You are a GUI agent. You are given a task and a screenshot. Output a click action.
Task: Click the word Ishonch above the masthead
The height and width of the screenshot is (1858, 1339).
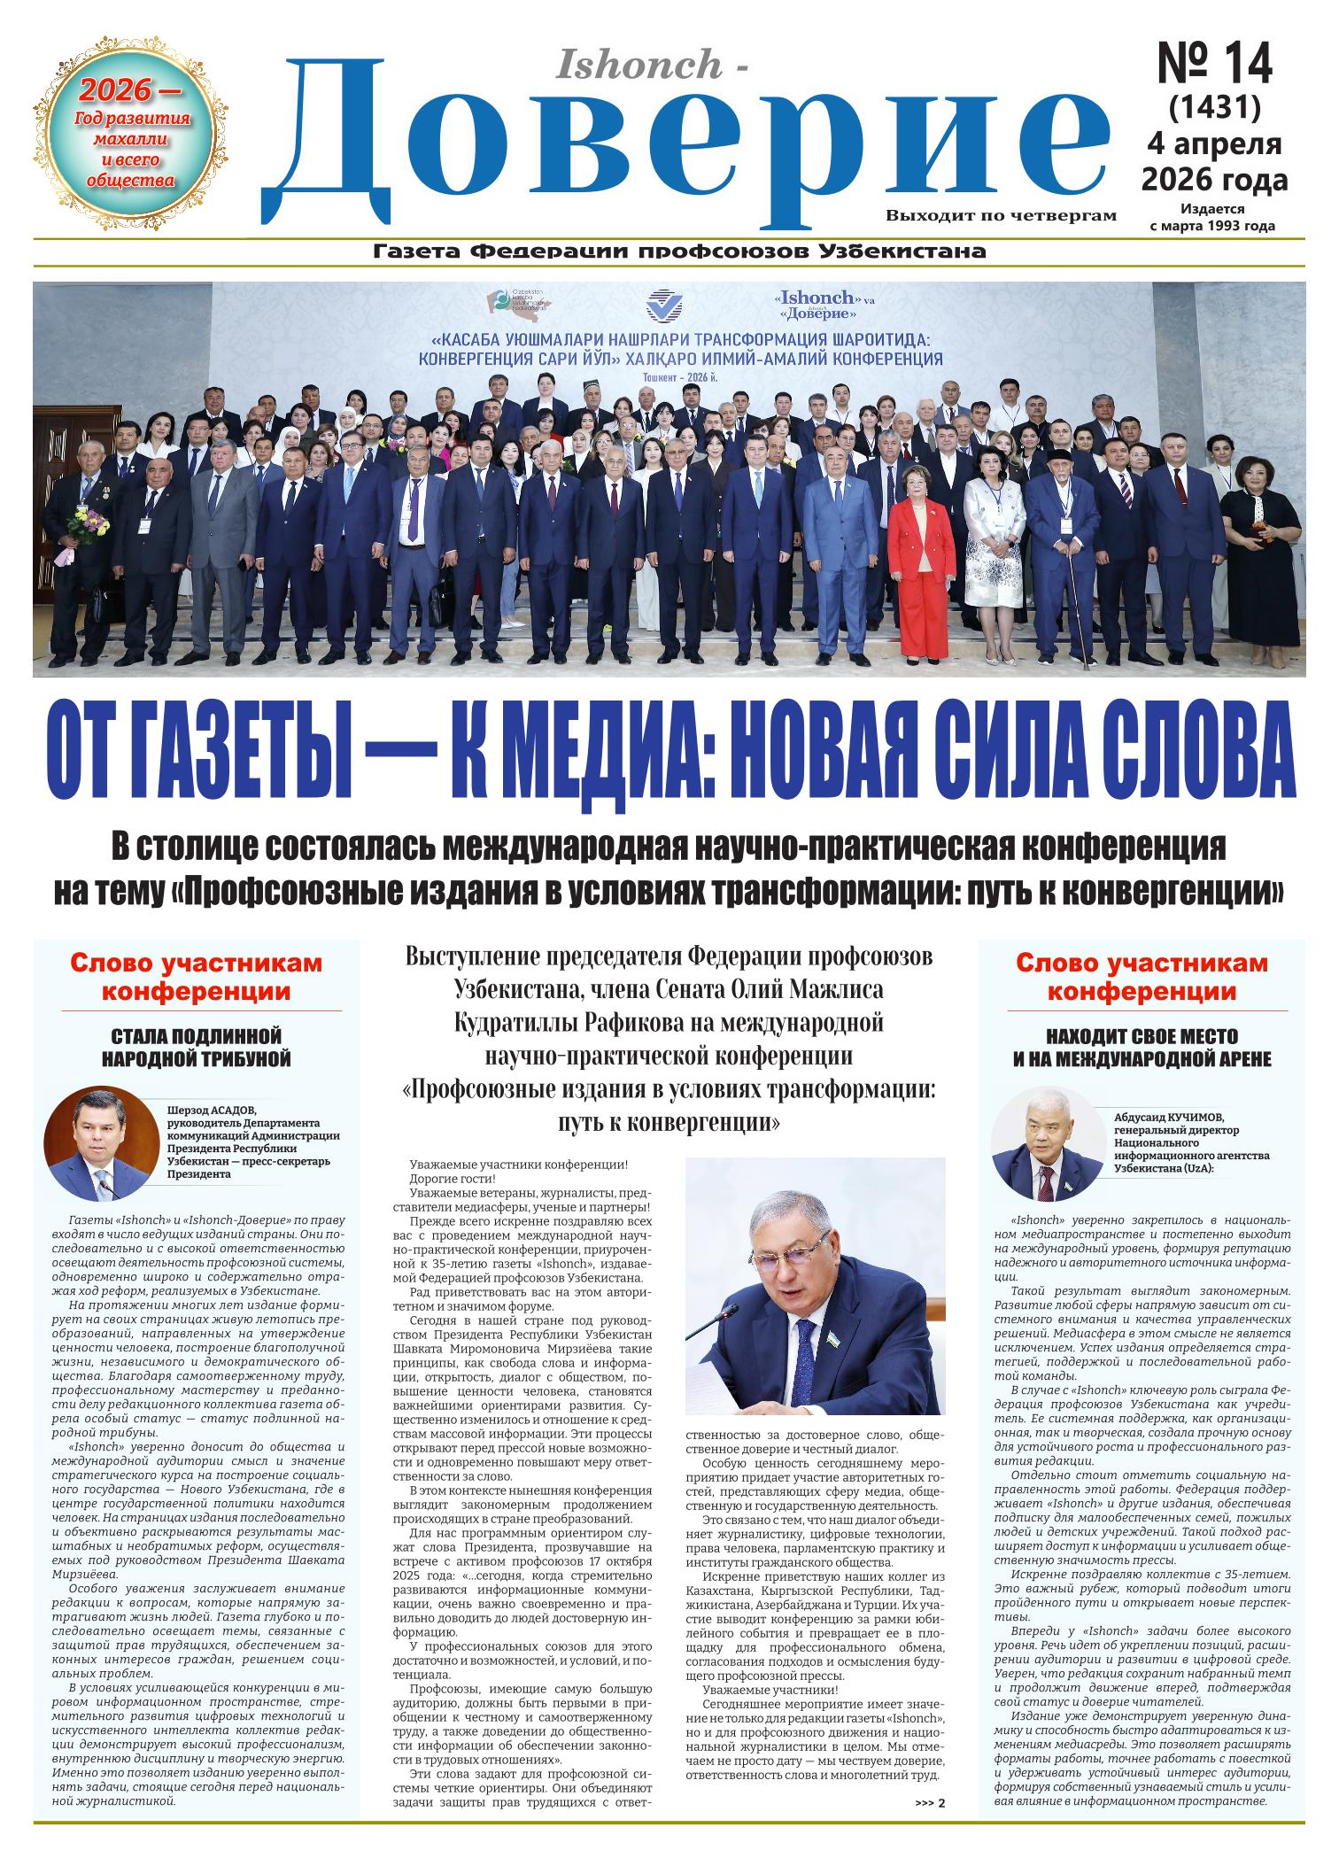click(x=637, y=64)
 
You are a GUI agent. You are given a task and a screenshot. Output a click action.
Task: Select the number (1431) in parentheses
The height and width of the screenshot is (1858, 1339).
click(x=1214, y=107)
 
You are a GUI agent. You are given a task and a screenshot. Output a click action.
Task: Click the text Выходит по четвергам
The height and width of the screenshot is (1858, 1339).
click(x=1001, y=214)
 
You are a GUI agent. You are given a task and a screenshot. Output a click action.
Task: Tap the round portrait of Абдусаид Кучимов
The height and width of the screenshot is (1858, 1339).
click(x=1048, y=1145)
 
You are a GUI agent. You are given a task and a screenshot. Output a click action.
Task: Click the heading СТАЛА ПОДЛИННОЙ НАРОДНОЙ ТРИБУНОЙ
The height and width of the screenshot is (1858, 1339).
click(x=197, y=1047)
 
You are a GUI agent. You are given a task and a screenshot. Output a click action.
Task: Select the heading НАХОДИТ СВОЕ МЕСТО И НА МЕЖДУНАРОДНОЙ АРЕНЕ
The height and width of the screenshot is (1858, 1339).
click(x=1142, y=1047)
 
